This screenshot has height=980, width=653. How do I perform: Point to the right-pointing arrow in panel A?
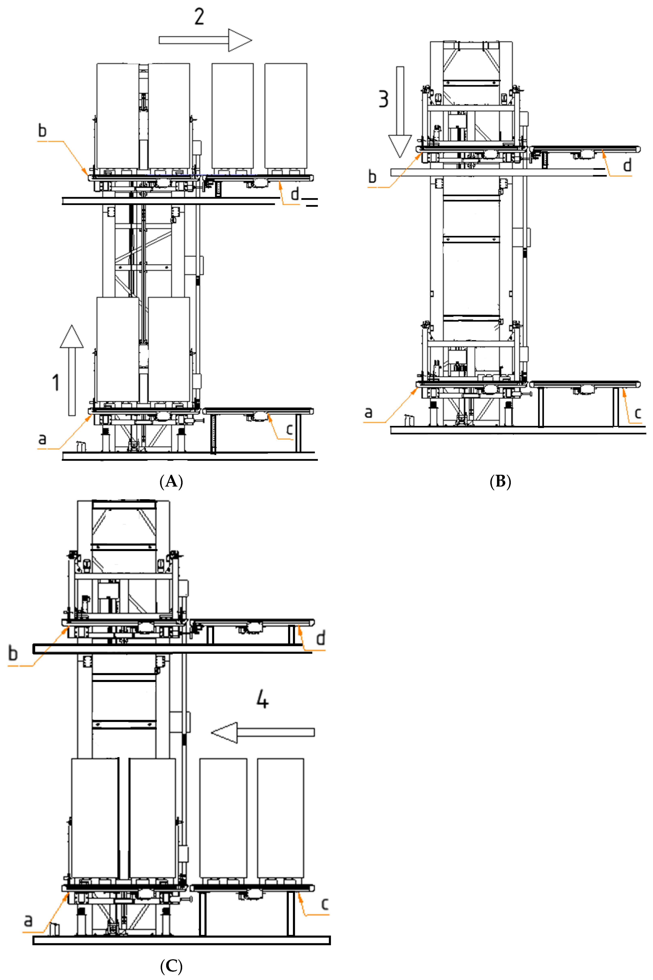(205, 40)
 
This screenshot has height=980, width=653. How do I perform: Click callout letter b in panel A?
(42, 131)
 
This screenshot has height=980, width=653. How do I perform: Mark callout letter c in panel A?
(289, 430)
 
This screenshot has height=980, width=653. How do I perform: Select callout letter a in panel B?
(368, 412)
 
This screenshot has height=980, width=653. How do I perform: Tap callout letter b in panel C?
(13, 653)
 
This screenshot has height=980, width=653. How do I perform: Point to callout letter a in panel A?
(42, 439)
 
